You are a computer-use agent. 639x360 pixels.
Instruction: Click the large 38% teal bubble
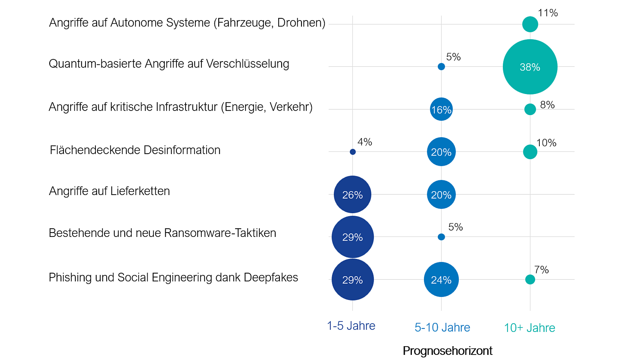pos(530,67)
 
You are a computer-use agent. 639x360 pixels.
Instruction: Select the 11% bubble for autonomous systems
pos(530,24)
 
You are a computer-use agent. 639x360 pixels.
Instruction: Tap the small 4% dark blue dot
pos(353,152)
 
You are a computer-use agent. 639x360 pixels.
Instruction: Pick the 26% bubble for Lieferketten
pos(352,194)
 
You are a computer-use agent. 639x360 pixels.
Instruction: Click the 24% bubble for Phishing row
pos(441,280)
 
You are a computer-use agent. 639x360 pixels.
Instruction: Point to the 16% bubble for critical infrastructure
pos(441,109)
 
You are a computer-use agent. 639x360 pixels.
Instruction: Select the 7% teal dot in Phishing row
pos(530,279)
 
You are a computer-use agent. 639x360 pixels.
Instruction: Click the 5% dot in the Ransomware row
pos(441,237)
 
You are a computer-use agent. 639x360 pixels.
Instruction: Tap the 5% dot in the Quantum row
pos(441,67)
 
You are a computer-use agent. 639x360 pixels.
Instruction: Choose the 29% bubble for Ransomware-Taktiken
pos(352,237)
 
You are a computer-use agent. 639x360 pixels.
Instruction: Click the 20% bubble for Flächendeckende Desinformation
pos(441,152)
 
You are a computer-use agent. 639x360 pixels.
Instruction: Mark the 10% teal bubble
pos(530,152)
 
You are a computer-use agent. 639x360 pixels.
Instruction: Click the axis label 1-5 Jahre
pos(351,326)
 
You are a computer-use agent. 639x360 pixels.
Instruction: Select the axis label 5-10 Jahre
pos(442,327)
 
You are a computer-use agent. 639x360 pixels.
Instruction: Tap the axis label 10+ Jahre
pos(529,328)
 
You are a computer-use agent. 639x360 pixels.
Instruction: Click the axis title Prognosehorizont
pos(447,351)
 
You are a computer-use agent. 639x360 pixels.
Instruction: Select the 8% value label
pos(547,105)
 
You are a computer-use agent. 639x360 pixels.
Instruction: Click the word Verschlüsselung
pos(247,64)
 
